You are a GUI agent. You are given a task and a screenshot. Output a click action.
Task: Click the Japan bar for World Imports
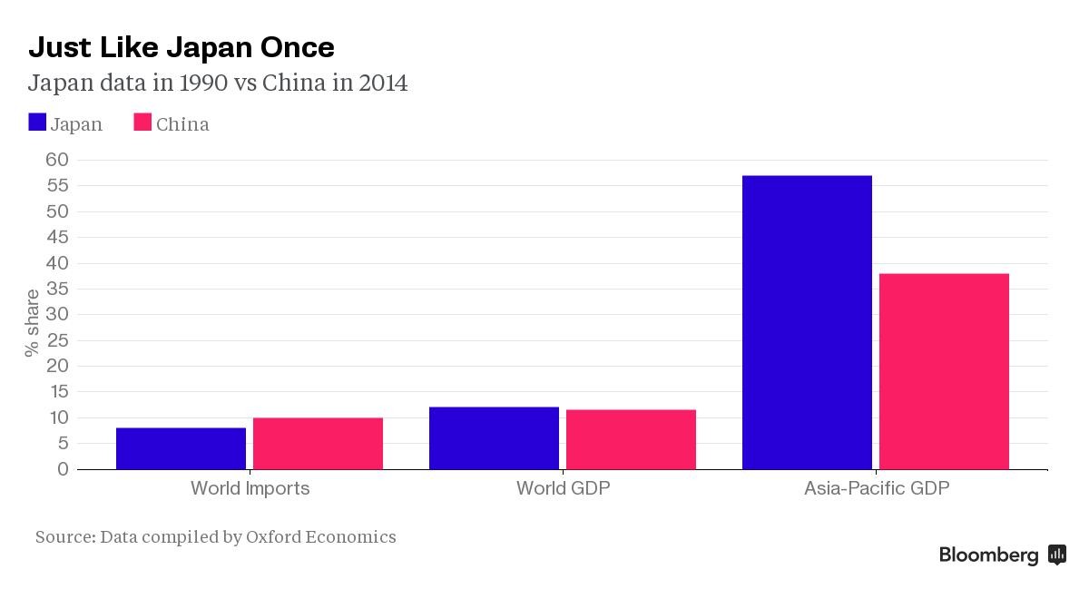click(x=181, y=448)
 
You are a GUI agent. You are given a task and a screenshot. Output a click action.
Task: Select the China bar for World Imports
click(x=318, y=444)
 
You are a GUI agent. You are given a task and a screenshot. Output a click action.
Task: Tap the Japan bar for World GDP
click(x=494, y=438)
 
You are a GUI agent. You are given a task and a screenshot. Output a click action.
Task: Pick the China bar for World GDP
click(x=631, y=439)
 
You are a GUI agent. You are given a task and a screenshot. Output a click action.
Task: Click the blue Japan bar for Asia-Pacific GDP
click(x=807, y=322)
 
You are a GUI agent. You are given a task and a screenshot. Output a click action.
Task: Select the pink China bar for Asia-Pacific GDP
click(x=944, y=371)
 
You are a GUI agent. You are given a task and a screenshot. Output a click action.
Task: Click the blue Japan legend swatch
click(x=37, y=123)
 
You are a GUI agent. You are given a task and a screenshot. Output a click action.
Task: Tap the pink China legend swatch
click(x=142, y=123)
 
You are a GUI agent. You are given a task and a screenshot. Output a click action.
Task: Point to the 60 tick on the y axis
click(x=57, y=160)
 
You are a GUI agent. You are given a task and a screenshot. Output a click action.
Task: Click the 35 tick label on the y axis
click(x=57, y=289)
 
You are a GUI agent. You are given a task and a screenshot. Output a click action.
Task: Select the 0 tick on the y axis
click(x=63, y=469)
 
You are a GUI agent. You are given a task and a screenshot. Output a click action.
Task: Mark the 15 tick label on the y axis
click(x=57, y=392)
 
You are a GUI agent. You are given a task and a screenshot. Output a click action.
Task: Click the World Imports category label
click(x=250, y=488)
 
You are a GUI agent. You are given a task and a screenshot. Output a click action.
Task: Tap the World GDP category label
click(x=563, y=488)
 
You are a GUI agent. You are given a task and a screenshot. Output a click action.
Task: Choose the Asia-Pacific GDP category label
click(x=876, y=488)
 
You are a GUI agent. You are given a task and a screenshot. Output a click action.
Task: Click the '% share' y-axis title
click(x=33, y=322)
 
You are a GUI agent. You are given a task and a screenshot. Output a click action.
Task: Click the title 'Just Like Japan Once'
click(x=181, y=47)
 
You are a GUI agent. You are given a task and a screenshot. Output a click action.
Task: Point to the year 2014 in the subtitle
click(x=383, y=83)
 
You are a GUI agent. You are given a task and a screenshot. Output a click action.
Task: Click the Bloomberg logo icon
click(x=1056, y=555)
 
